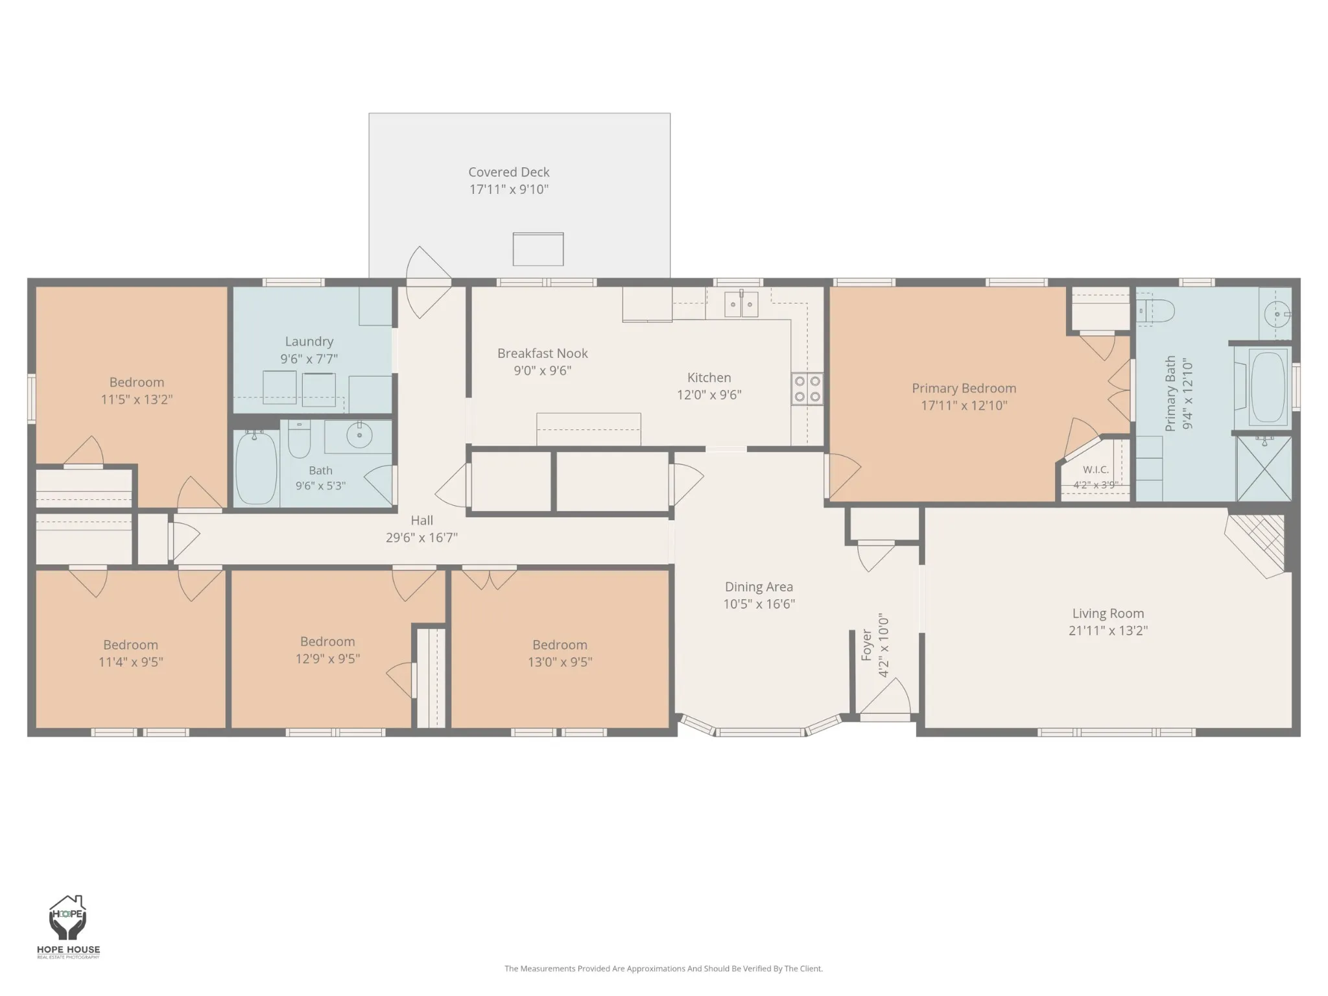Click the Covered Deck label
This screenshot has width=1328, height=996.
(x=509, y=172)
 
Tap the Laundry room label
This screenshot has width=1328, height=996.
(x=309, y=342)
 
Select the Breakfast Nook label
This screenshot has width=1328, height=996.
(x=543, y=353)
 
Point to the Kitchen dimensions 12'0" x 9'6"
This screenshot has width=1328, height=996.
(x=709, y=395)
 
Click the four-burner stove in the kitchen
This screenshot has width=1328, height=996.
(x=807, y=389)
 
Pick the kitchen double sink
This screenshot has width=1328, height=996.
(x=741, y=304)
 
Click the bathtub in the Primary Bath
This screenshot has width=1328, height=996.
(x=1268, y=387)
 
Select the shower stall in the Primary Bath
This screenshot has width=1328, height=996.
(x=1264, y=469)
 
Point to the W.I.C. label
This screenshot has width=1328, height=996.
(x=1096, y=470)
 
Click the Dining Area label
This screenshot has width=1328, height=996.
(x=759, y=587)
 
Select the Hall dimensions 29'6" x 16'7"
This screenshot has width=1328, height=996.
(x=422, y=538)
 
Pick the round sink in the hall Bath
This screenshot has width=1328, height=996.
(x=359, y=434)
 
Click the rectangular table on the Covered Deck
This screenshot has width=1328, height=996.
(x=538, y=249)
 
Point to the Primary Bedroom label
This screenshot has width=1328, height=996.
(x=964, y=388)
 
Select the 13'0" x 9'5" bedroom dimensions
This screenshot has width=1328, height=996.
(x=560, y=662)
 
